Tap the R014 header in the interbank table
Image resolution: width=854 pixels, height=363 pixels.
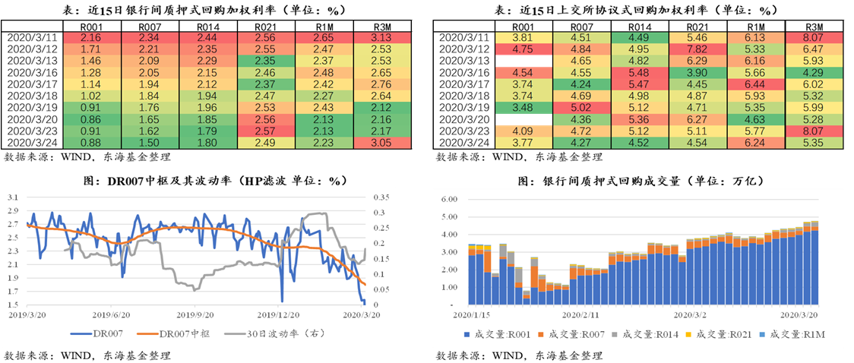(207, 27)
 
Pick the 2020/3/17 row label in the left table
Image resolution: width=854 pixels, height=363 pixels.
(30, 84)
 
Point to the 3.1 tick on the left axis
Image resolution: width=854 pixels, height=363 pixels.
(13, 197)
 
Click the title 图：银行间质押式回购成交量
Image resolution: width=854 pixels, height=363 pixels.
(640, 181)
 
